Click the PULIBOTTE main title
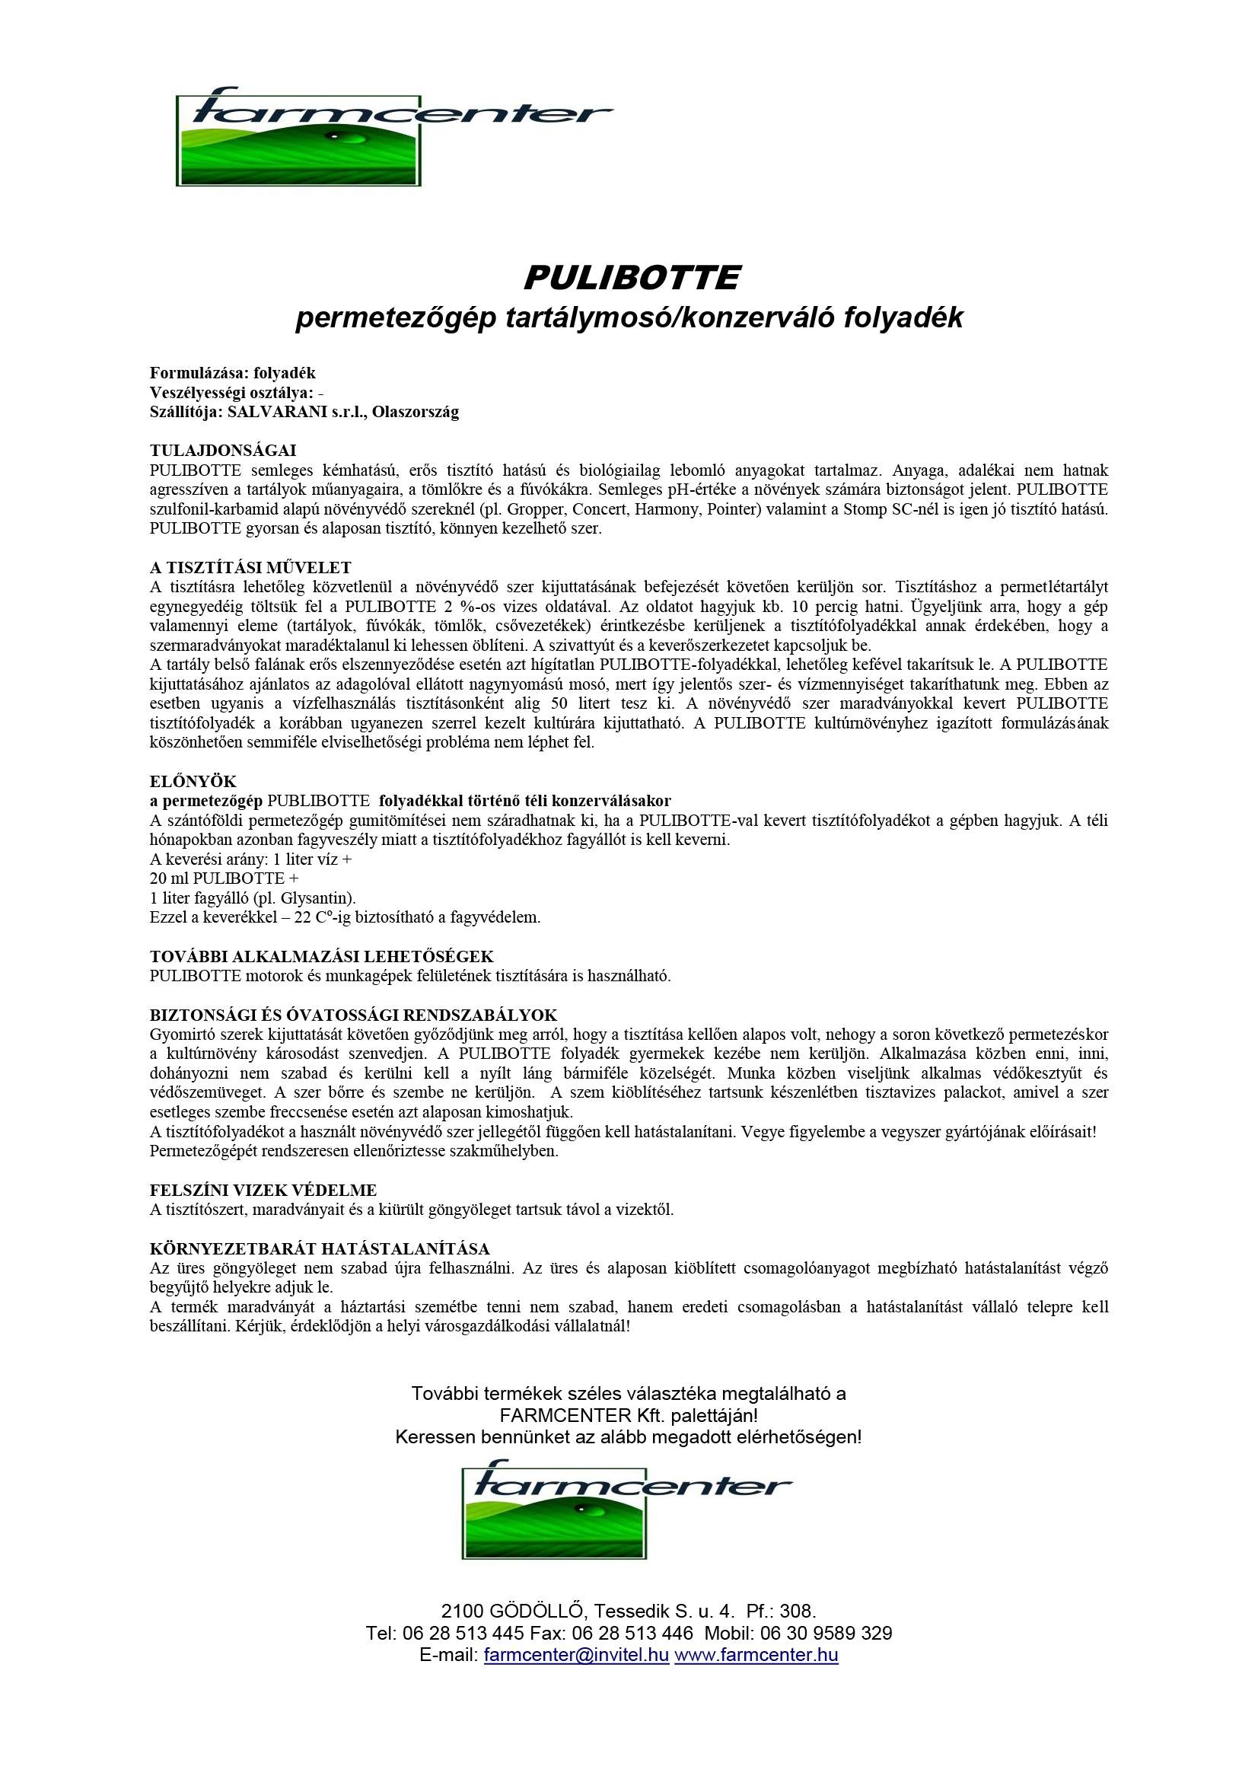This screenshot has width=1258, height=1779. (x=632, y=278)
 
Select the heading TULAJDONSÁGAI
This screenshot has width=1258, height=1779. (x=223, y=450)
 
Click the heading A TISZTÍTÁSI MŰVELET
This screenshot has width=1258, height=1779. (x=251, y=567)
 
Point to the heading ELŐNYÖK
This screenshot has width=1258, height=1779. (x=193, y=780)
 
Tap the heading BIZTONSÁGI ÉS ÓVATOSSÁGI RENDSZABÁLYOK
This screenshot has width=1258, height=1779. (x=353, y=1015)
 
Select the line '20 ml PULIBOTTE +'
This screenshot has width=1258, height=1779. (x=224, y=878)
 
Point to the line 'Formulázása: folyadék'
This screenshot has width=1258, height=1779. (x=232, y=373)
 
